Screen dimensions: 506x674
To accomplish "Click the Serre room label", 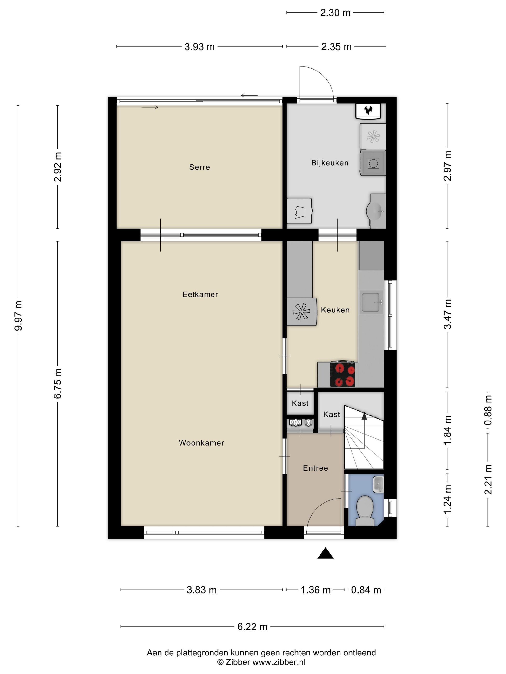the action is tap(200, 167).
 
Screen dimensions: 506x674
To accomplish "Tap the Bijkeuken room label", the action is tap(330, 163).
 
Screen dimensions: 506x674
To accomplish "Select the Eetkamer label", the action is tap(200, 294).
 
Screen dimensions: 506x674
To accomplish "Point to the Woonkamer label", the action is tap(201, 443).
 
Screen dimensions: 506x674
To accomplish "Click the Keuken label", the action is tap(335, 310).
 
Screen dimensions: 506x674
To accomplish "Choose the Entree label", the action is tap(315, 468).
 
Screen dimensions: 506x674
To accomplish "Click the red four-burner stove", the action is tap(343, 375).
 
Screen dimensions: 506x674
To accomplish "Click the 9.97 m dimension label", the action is tap(18, 316).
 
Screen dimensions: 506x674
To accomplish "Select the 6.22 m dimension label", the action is tap(253, 627).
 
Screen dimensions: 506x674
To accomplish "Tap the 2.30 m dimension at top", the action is tap(335, 13).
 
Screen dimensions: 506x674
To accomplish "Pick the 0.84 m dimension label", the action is tap(366, 590).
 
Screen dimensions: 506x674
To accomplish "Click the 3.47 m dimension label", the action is tap(447, 314).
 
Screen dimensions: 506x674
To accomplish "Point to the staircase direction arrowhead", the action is tap(364, 416).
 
